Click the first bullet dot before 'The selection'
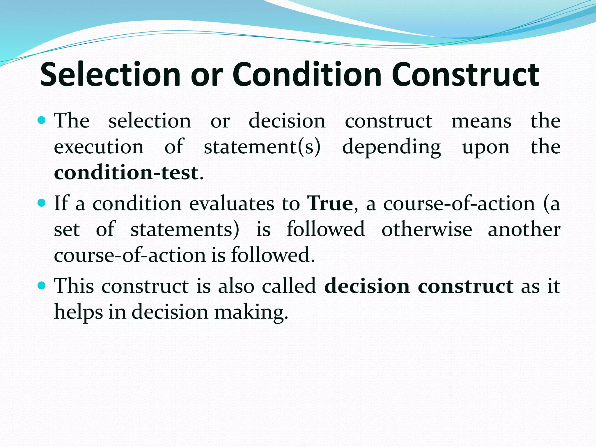tap(42, 120)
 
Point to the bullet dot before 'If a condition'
tap(42, 203)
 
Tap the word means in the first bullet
tap(481, 121)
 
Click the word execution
tap(99, 147)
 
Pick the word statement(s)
tap(262, 147)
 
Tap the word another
tap(524, 229)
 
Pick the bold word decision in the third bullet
tap(367, 286)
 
